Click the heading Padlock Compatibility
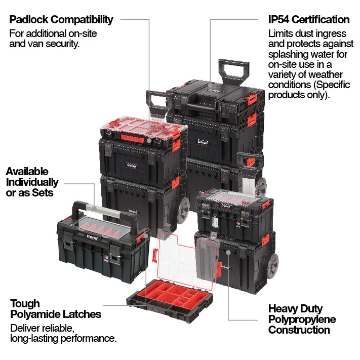coord(61,20)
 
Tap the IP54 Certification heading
coord(309,20)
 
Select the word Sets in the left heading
coord(43,192)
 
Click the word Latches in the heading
coord(82,314)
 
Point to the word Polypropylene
coord(302,319)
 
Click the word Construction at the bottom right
coord(299,330)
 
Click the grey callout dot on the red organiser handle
coord(149,140)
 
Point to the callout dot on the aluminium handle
coord(94,209)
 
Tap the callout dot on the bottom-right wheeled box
coord(228,252)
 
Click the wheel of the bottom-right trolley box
coord(272,266)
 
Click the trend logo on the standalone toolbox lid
coord(92,237)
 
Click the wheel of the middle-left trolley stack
coord(183,211)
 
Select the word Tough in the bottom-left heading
coord(25,304)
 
